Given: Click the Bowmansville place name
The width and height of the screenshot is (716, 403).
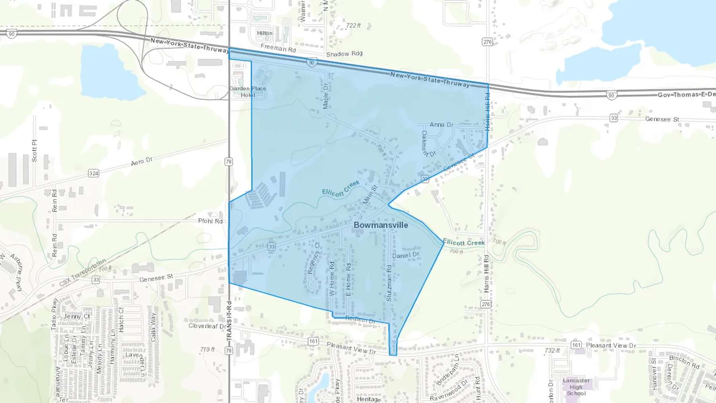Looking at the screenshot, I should [381, 225].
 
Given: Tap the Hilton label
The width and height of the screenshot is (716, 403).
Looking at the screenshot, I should [265, 33].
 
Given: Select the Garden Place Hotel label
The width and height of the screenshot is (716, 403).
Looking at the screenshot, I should [247, 92].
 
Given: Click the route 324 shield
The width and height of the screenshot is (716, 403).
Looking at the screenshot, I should [93, 173].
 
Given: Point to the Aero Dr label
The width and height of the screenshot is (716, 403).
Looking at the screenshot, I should [142, 162].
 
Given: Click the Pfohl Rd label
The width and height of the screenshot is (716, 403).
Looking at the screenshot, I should [210, 221].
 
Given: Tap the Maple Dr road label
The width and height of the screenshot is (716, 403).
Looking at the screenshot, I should [326, 96].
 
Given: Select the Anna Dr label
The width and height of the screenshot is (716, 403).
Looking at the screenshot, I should [441, 125].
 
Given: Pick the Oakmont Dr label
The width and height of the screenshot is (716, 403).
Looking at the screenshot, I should [428, 144].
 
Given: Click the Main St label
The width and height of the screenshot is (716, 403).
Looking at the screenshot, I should [370, 195].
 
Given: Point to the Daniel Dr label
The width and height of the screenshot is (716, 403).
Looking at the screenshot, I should [406, 255].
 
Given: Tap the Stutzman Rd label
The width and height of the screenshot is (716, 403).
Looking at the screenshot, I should [389, 283].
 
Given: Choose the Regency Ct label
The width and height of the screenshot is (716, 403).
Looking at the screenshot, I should [314, 258].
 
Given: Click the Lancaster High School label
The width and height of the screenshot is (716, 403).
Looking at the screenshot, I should [576, 387].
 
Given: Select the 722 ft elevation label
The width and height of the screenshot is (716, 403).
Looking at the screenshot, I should [353, 25].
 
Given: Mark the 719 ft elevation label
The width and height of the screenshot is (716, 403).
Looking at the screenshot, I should [207, 349].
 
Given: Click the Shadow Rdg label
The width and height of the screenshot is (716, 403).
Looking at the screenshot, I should [344, 54].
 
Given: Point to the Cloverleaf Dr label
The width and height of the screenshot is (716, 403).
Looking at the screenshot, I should [207, 326].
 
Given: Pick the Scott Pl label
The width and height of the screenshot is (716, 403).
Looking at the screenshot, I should [34, 151].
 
